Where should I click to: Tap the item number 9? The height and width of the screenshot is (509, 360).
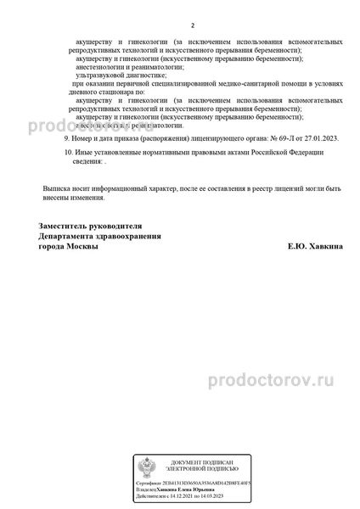pos(67,137)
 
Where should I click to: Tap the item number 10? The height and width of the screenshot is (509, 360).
pos(69,152)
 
